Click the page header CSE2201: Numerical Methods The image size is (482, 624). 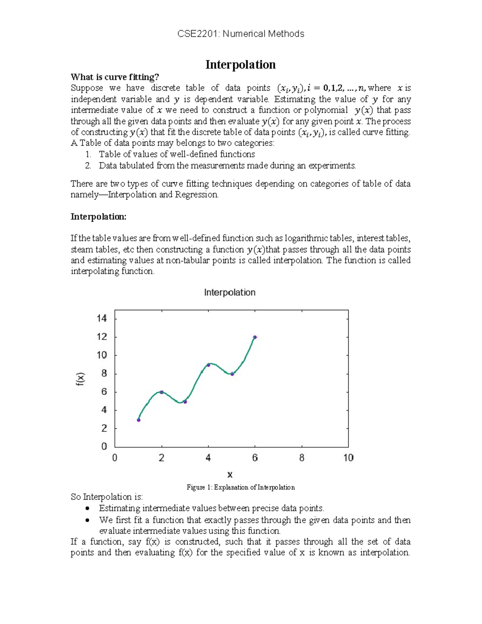coord(241,34)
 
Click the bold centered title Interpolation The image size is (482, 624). coord(240,65)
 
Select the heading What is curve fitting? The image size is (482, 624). coord(115,77)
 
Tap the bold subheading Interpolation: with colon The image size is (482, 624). coord(98,217)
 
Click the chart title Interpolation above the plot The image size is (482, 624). coord(229,293)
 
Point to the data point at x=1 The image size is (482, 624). coord(139,420)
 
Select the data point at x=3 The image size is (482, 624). coord(185,401)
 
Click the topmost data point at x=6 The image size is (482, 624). coord(255,337)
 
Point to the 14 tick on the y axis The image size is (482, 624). coord(102,319)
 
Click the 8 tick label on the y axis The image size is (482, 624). coord(104,374)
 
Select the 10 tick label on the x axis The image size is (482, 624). coord(348,458)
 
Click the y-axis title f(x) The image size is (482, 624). coord(81,379)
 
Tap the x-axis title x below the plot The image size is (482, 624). coord(230,475)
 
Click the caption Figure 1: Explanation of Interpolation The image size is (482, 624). coord(241,487)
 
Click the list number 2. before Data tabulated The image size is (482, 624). coord(88,166)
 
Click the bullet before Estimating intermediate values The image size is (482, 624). coord(87,509)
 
